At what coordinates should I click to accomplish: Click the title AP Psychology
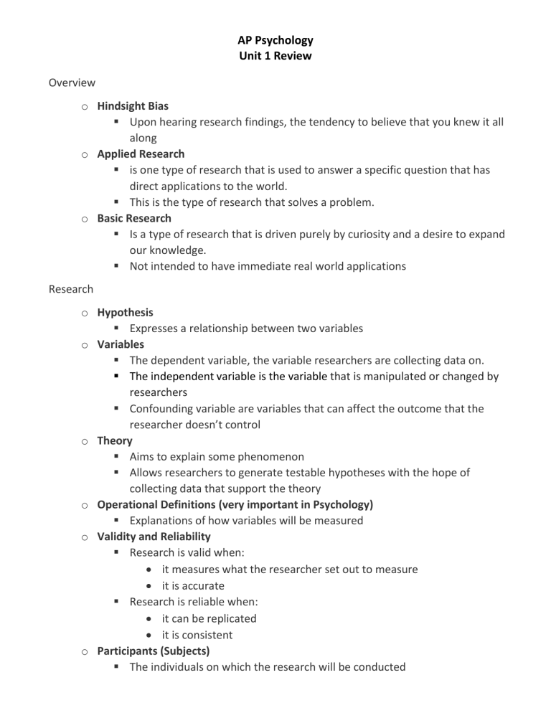pyautogui.click(x=275, y=40)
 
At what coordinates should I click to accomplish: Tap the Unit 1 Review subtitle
pyautogui.click(x=275, y=56)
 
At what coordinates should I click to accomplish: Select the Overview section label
pyautogui.click(x=72, y=83)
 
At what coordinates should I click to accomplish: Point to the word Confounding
pyautogui.click(x=163, y=408)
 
